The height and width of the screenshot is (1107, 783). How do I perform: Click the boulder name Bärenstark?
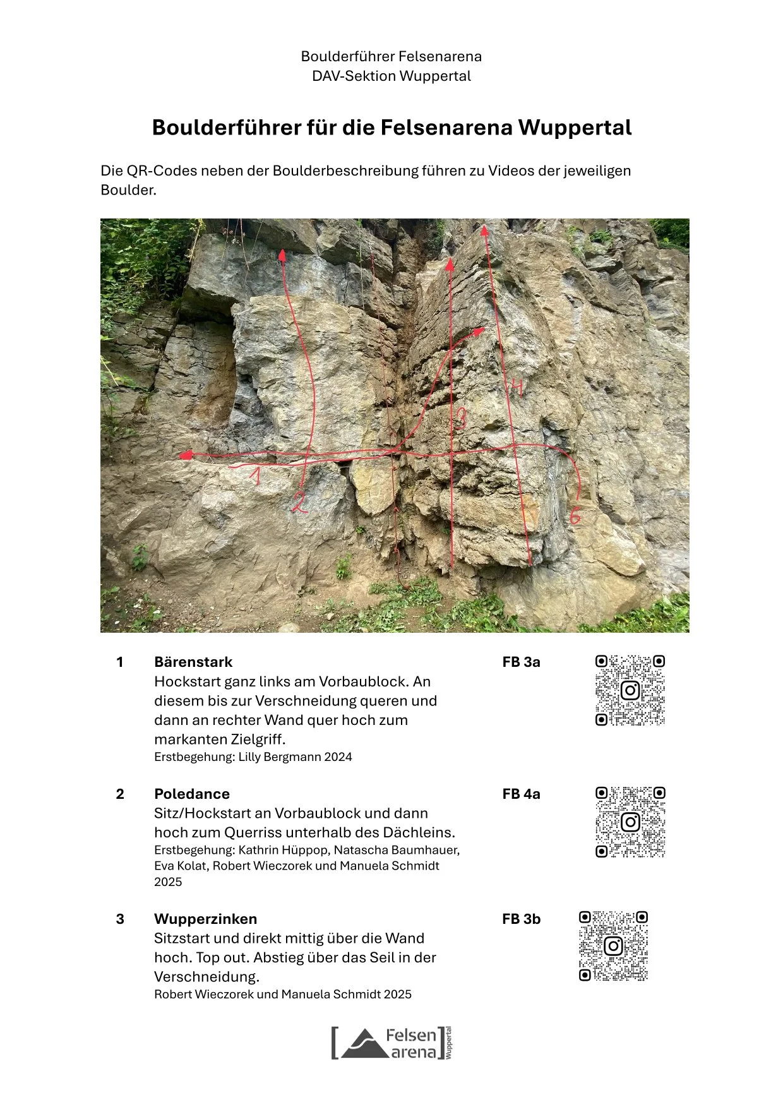point(193,662)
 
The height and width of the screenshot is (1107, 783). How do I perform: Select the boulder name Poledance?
point(192,794)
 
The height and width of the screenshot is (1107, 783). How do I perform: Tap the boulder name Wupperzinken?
point(205,919)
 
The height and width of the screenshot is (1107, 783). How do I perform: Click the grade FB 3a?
point(522,662)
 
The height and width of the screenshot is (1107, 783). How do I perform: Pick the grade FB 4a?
point(522,794)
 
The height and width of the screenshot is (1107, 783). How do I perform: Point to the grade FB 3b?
point(522,919)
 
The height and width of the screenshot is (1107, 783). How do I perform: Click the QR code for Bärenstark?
point(630,690)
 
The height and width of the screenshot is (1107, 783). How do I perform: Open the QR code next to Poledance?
point(630,822)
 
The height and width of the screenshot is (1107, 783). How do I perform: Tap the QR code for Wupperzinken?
point(614,946)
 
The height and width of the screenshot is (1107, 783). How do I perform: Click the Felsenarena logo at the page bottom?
point(391,1043)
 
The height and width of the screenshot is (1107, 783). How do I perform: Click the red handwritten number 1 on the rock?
point(255,475)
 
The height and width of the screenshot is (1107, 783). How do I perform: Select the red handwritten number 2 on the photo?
point(299,503)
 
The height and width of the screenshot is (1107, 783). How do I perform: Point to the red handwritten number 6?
point(575,516)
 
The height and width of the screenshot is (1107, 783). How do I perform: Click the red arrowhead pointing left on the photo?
point(185,455)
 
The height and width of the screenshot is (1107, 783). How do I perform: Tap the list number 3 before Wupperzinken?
point(120,919)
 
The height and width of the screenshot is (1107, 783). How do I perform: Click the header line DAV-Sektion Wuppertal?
point(391,76)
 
